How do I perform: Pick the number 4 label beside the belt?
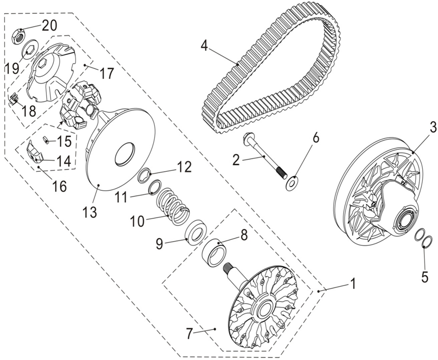[x=205, y=46]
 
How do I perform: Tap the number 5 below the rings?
[x=424, y=277]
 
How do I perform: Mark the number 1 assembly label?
[x=353, y=284]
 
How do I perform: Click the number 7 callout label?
[x=190, y=333]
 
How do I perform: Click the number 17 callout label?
[x=106, y=74]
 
